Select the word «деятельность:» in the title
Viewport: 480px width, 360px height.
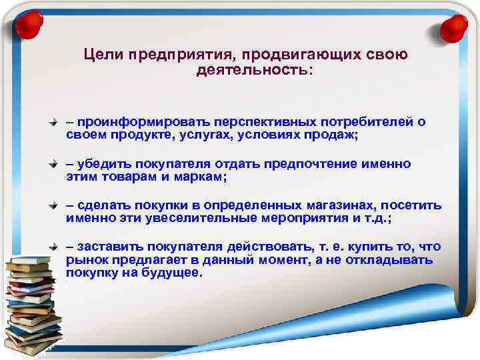tap(253, 69)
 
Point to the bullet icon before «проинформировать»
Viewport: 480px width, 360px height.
tap(57, 124)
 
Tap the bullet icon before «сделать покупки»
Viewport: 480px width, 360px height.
tap(57, 206)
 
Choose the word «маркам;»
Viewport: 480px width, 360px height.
tap(197, 176)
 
